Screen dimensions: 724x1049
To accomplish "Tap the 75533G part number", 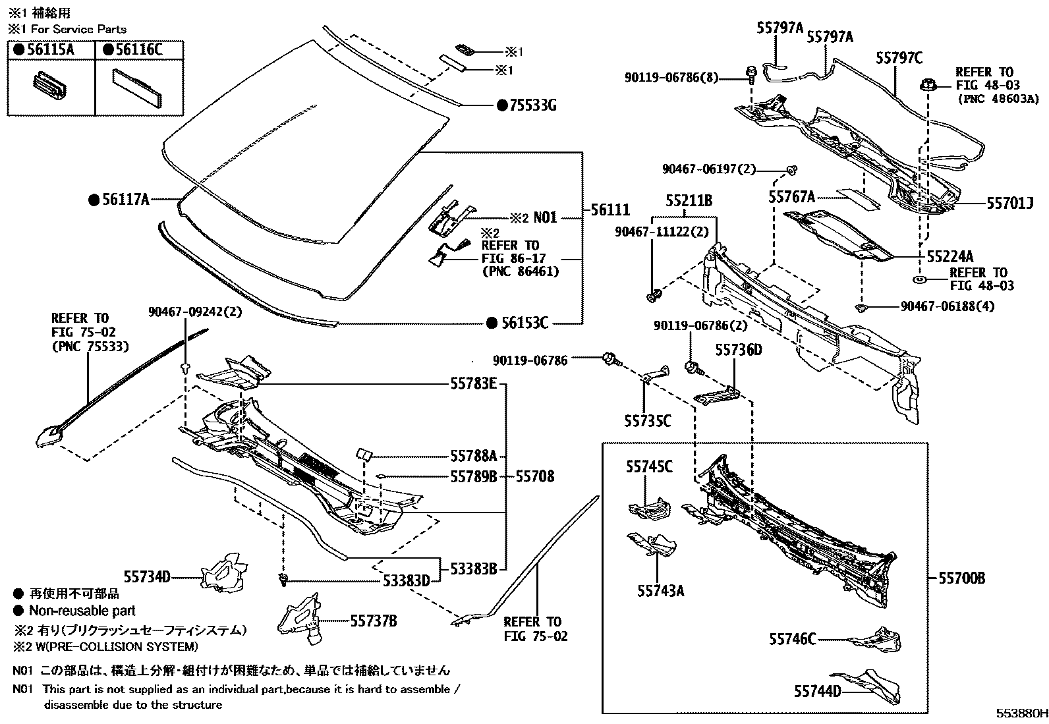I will pyautogui.click(x=532, y=105).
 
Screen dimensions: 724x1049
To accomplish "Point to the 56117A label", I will pyautogui.click(x=125, y=200).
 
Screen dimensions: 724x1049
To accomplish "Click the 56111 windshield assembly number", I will pyautogui.click(x=610, y=210).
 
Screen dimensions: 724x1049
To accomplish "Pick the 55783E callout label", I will pyautogui.click(x=473, y=383).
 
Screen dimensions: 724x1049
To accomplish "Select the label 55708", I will pyautogui.click(x=534, y=476).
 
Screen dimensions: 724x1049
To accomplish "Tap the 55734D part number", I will pyautogui.click(x=147, y=578).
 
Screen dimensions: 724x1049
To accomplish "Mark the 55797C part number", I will pyautogui.click(x=899, y=58).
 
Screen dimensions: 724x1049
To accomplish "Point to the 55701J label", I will pyautogui.click(x=1009, y=204).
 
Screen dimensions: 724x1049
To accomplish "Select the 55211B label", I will pyautogui.click(x=688, y=201).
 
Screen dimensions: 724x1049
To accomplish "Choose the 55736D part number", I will pyautogui.click(x=738, y=349).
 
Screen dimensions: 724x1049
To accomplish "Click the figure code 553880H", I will pyautogui.click(x=1021, y=713).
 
